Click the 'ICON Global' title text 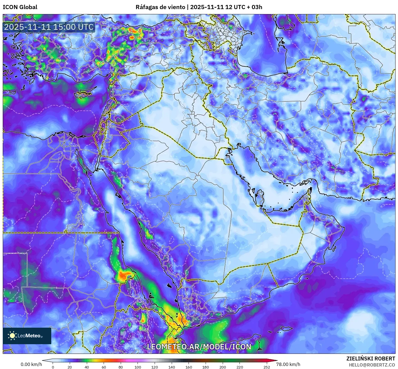click(x=20, y=7)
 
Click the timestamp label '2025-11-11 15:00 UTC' click(x=49, y=27)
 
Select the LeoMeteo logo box click(x=27, y=336)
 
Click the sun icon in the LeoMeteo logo click(x=12, y=335)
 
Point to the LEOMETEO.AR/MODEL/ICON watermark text click(x=199, y=347)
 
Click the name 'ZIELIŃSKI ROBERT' click(x=371, y=359)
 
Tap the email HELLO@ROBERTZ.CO click(x=372, y=365)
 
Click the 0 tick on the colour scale click(x=53, y=367)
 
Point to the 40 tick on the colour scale click(x=87, y=367)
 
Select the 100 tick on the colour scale click(x=138, y=367)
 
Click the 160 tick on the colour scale click(x=189, y=367)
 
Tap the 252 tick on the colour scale click(x=267, y=367)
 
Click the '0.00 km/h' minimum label click(x=31, y=364)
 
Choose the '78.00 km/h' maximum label click(x=288, y=364)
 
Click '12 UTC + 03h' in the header click(x=244, y=7)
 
